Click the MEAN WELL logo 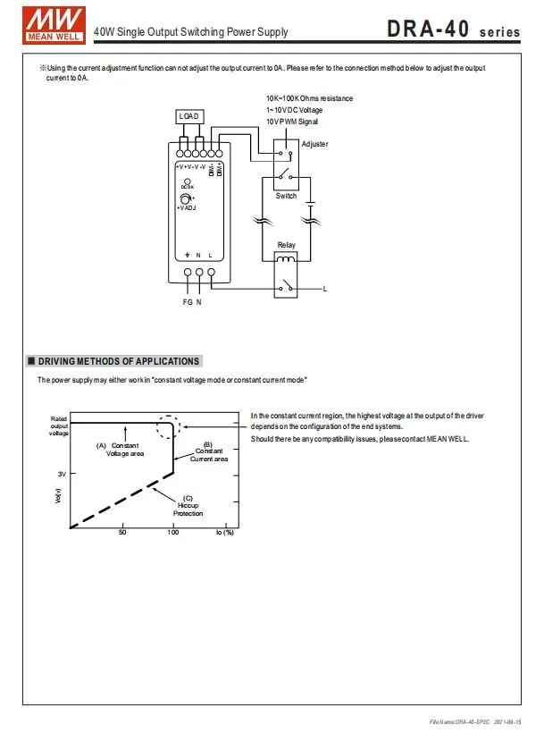pos(54,25)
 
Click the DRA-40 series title pos(453,29)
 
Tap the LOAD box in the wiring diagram pos(189,116)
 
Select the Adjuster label pos(315,144)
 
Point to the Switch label pos(287,196)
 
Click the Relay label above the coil pos(287,245)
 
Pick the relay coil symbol pos(286,259)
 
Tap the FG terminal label pos(188,302)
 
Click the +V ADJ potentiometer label pos(187,208)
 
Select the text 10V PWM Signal pos(292,122)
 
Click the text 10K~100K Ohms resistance pos(310,98)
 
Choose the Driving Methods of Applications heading pos(119,361)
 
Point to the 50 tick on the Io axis pos(122,532)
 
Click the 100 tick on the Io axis pos(173,532)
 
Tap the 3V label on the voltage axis pos(62,474)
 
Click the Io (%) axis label pos(225,533)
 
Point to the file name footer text pos(475,721)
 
